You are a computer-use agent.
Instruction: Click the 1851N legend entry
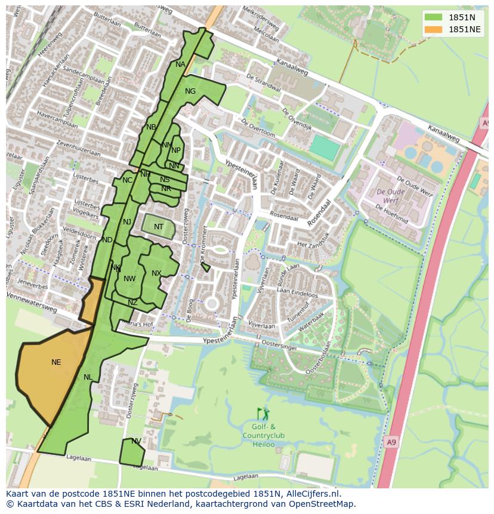(x=461, y=17)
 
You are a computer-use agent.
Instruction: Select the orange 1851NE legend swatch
(x=433, y=29)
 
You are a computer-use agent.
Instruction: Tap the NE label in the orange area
(x=56, y=362)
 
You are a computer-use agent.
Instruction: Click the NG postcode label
(x=190, y=91)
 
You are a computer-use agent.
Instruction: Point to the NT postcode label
(x=159, y=227)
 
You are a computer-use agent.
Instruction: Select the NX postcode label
(x=156, y=273)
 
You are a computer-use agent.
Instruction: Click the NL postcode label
(x=88, y=377)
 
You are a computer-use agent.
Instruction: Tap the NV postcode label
(x=136, y=441)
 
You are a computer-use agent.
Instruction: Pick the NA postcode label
(x=180, y=64)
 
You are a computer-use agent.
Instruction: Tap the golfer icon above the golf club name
(x=263, y=414)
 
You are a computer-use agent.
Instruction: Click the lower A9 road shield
(x=390, y=442)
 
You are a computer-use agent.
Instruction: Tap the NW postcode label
(x=129, y=279)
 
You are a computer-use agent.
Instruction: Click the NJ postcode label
(x=127, y=222)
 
